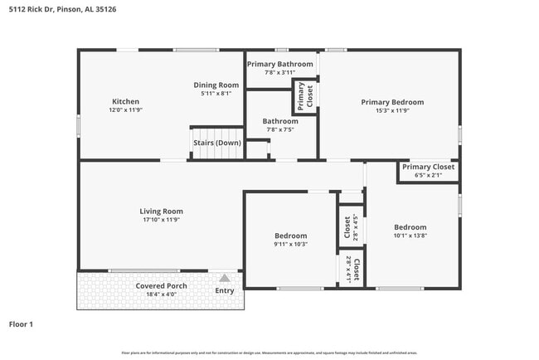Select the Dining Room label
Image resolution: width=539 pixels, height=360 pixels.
click(216, 85)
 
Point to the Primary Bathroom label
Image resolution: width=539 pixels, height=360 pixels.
click(280, 64)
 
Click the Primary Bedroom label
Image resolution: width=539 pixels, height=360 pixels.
click(392, 102)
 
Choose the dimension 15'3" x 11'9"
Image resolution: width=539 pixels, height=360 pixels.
click(392, 111)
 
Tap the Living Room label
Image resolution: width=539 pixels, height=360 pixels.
click(161, 211)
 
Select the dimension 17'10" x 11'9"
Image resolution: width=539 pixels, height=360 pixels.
click(161, 220)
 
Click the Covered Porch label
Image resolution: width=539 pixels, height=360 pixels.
click(161, 286)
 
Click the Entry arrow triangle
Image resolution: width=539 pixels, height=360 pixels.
click(225, 279)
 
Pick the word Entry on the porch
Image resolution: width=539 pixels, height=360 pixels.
click(225, 290)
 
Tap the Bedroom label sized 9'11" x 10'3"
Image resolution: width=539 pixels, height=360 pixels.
click(290, 236)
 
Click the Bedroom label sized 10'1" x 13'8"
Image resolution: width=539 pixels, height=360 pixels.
click(410, 227)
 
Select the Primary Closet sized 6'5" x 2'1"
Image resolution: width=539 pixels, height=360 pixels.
click(428, 167)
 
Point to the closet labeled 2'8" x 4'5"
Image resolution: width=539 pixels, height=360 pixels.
click(347, 227)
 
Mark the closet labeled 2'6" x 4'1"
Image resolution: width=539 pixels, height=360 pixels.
click(351, 269)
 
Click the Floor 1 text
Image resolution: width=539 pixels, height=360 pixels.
click(21, 324)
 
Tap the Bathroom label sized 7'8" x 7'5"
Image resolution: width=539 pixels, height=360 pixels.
click(281, 121)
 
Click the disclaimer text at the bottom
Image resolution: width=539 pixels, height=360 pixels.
click(269, 353)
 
